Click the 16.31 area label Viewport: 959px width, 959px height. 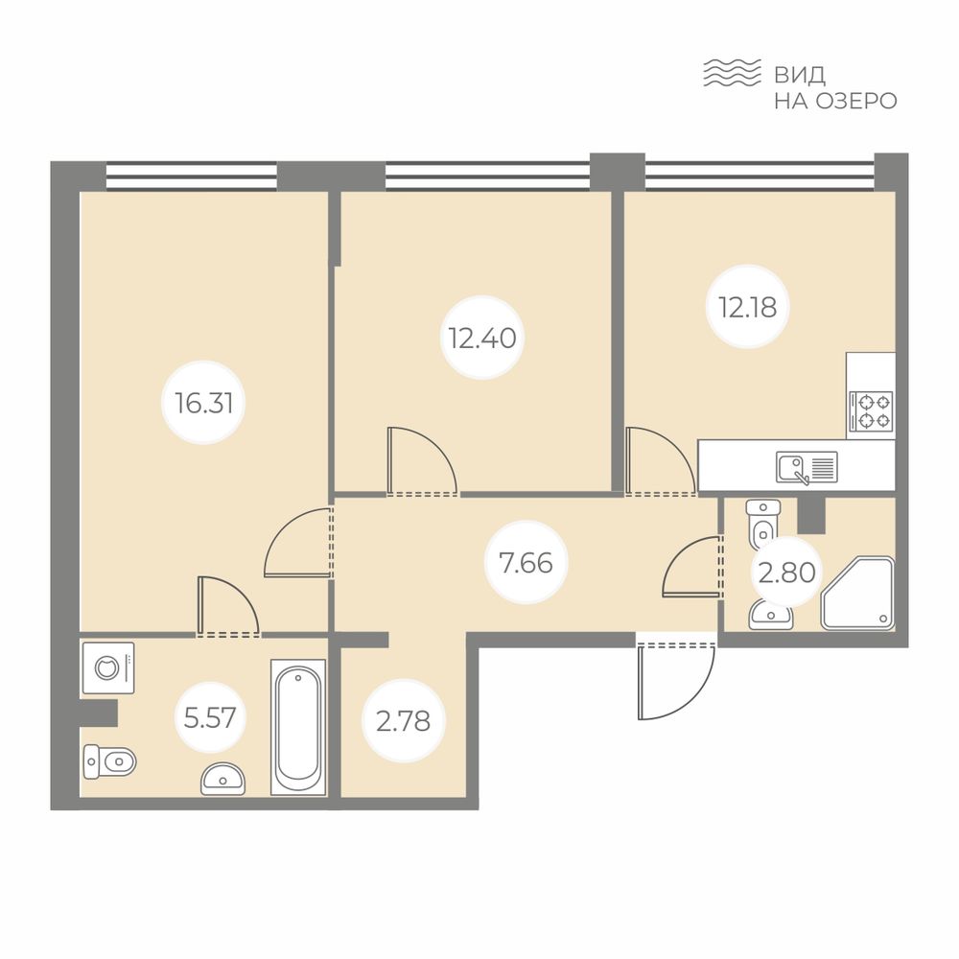click(203, 403)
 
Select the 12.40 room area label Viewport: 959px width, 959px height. click(482, 338)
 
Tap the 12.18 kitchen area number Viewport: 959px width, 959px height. click(747, 307)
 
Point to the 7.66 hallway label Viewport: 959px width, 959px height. click(526, 563)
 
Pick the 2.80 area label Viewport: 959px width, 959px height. click(786, 573)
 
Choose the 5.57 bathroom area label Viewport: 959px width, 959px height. click(210, 716)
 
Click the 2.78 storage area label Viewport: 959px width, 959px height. click(403, 721)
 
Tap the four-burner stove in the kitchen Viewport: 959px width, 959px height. click(871, 411)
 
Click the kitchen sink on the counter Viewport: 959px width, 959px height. click(807, 468)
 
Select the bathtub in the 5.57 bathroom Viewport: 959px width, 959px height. click(298, 727)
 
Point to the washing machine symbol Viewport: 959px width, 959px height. click(108, 667)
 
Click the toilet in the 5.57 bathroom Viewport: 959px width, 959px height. click(109, 762)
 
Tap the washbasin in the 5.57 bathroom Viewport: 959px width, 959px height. click(223, 779)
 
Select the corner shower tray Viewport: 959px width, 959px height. click(857, 593)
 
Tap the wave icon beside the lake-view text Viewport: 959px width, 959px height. click(732, 73)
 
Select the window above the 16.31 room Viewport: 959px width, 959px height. click(192, 175)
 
